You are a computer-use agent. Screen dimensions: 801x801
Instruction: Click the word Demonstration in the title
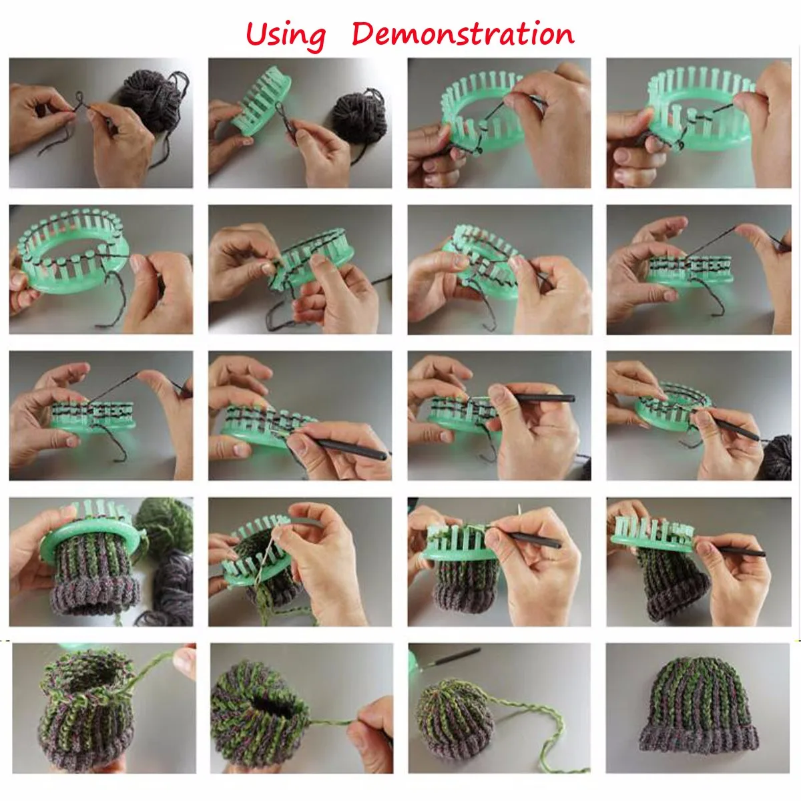tap(463, 33)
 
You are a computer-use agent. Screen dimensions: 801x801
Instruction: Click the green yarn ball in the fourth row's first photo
tap(165, 524)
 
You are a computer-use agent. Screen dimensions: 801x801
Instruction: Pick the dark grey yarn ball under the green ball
tap(174, 582)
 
